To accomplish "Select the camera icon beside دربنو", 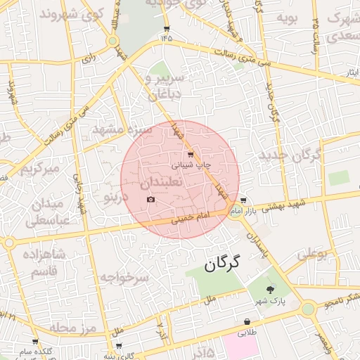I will pyautogui.click(x=150, y=200).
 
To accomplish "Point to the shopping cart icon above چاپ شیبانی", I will pyautogui.click(x=190, y=154).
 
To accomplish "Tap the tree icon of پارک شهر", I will pyautogui.click(x=271, y=289).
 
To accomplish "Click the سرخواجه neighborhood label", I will pyautogui.click(x=124, y=278).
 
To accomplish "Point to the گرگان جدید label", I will pyautogui.click(x=290, y=155).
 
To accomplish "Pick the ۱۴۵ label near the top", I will pyautogui.click(x=167, y=37).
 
